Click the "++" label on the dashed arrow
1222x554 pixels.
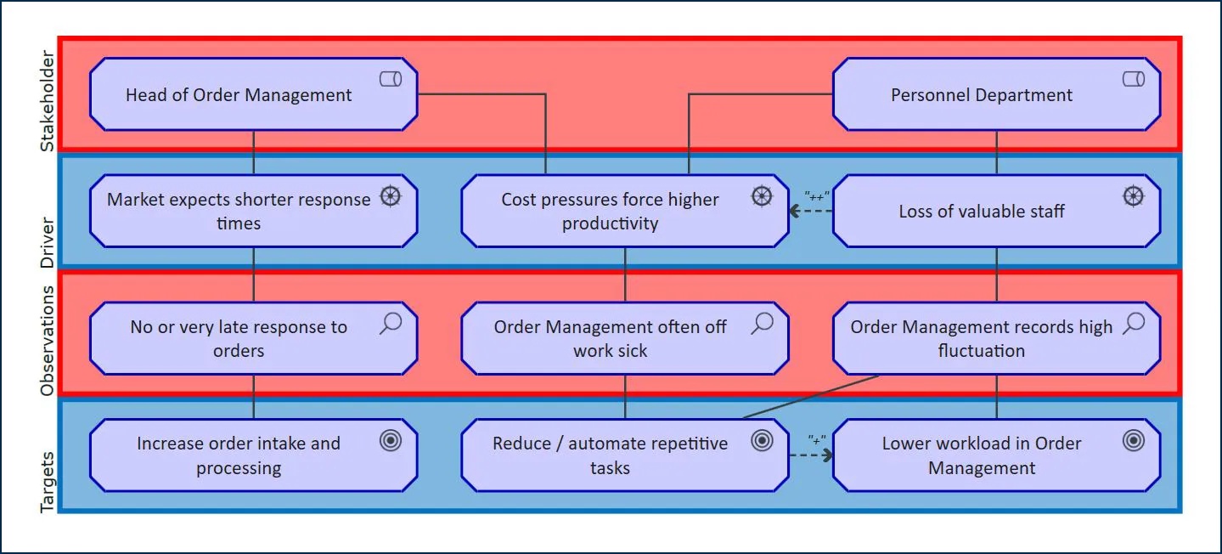(816, 195)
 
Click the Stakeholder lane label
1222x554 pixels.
(48, 101)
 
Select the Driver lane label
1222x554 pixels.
(48, 242)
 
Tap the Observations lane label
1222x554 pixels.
(48, 340)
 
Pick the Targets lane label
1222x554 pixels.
(48, 482)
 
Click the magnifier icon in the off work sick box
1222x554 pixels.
(763, 324)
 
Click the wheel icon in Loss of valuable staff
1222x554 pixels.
(1133, 196)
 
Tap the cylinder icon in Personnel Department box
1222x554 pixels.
(1133, 79)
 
